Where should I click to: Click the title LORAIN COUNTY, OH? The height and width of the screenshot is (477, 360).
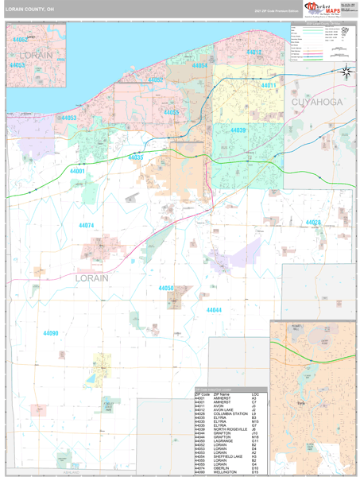coord(29,10)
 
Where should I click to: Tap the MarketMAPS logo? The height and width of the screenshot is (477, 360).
coord(321,10)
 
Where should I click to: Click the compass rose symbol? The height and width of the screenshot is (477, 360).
coord(346,72)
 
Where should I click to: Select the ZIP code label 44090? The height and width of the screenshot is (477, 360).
coord(51,332)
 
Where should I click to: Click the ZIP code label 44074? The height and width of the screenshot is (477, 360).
coord(86,226)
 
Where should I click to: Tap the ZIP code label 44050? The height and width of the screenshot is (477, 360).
coord(166,288)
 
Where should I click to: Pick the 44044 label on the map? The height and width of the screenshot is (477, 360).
coord(214,309)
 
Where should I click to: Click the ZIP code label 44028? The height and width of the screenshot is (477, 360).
coord(312,222)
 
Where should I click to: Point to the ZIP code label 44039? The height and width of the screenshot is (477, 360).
coord(238,130)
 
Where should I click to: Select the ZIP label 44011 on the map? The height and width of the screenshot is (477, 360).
coord(268,85)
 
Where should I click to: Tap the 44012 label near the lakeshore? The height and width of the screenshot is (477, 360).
coord(254,52)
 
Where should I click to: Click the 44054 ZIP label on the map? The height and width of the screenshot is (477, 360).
coord(199,66)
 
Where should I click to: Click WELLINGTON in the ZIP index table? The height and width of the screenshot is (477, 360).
coord(226,473)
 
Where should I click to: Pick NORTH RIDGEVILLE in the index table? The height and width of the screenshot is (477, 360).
coord(231,429)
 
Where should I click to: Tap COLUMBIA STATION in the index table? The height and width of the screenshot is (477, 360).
coord(231,413)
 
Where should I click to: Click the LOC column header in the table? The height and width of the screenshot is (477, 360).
coord(254,394)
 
